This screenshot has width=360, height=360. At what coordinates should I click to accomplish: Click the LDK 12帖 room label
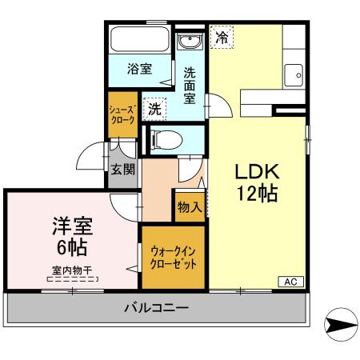(256, 182)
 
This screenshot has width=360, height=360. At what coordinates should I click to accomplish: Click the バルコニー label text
(156, 307)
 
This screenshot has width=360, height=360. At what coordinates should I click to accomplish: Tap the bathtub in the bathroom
(139, 40)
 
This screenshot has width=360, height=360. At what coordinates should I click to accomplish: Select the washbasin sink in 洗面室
(189, 42)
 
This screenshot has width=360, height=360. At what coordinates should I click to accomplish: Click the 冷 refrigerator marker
(222, 36)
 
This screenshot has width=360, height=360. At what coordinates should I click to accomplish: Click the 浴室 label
(139, 70)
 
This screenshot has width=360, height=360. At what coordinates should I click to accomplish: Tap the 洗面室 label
(190, 84)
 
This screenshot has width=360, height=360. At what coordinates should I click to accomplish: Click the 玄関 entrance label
(122, 170)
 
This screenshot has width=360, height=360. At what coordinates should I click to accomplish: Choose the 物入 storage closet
(189, 207)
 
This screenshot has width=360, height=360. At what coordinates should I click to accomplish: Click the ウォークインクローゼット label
(174, 258)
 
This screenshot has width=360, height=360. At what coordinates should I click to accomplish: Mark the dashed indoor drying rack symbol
(72, 281)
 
